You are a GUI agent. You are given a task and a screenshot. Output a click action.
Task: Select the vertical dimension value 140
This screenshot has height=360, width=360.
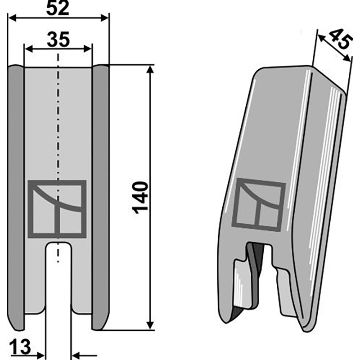140,197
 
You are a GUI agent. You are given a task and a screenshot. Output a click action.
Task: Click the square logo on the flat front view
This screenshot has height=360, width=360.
57,209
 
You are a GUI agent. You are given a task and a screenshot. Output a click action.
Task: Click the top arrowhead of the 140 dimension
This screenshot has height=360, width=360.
149,68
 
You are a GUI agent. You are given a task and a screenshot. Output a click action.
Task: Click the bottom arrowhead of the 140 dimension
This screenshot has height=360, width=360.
149,326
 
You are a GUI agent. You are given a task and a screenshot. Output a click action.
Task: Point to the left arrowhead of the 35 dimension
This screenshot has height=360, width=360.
27,48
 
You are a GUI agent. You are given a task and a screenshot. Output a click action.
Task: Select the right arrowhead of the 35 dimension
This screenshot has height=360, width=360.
89,48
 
